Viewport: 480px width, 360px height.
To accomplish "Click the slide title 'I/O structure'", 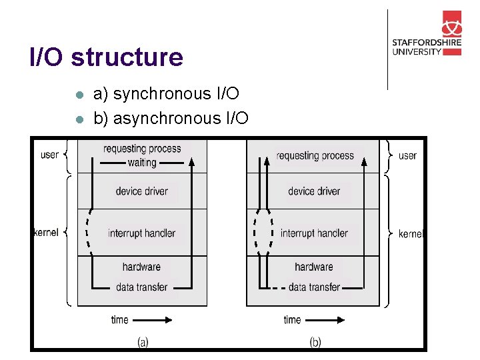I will (106, 57).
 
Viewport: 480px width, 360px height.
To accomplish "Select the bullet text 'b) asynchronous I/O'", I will (171, 119).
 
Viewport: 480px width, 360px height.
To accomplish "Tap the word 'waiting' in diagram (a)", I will (142, 162).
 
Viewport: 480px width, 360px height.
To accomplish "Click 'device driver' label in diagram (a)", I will (141, 191).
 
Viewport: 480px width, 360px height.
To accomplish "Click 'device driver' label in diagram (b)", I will (314, 191).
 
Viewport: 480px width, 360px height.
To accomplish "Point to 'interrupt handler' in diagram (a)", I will (141, 233).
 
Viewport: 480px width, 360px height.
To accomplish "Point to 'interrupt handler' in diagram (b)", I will (314, 233).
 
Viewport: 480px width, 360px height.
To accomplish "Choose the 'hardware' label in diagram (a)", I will (141, 267).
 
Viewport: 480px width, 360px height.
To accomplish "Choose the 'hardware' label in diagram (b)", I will (314, 267).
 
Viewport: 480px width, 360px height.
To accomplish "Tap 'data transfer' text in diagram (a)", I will (141, 287).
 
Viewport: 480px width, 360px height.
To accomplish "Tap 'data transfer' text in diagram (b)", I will (314, 287).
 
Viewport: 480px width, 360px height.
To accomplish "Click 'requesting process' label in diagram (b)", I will (315, 156).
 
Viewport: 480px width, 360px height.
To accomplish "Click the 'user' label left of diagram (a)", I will (49, 155).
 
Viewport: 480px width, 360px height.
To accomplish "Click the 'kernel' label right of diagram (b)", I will (410, 233).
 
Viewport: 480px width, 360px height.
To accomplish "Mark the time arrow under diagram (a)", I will (153, 320).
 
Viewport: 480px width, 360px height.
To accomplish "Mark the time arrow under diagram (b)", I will (326, 320).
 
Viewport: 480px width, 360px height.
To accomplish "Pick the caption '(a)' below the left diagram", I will (143, 342).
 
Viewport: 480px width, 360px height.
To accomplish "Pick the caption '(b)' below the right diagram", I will (315, 342).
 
